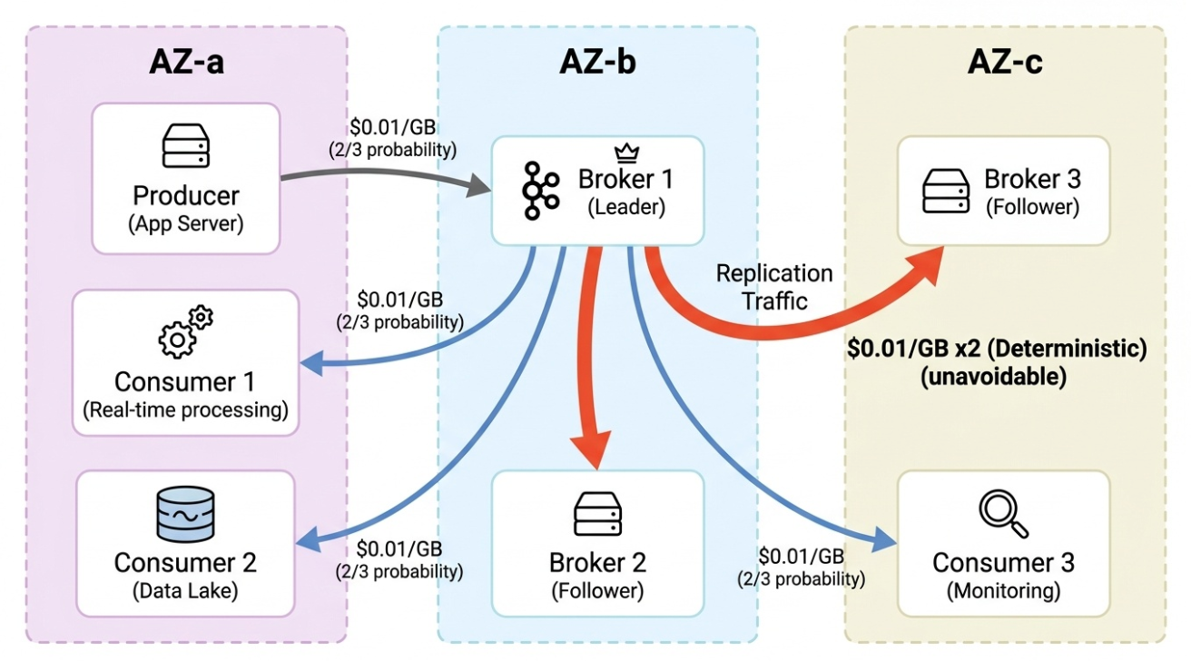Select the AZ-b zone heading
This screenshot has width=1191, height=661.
coord(597,63)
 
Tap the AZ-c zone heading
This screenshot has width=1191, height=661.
coord(1005,63)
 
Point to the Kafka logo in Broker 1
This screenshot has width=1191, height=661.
coord(542,191)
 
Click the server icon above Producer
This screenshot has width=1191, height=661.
coord(186,147)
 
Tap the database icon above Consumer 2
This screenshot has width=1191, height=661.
coord(185,514)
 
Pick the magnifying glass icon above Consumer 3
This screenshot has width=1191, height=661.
coord(1003,514)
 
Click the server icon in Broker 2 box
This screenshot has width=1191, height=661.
coord(597,514)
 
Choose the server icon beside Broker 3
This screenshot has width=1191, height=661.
coord(946,191)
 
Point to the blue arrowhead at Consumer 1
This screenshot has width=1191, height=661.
coord(310,364)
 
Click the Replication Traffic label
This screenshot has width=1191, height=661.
coord(773,287)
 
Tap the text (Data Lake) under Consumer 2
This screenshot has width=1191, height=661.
coord(185,591)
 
